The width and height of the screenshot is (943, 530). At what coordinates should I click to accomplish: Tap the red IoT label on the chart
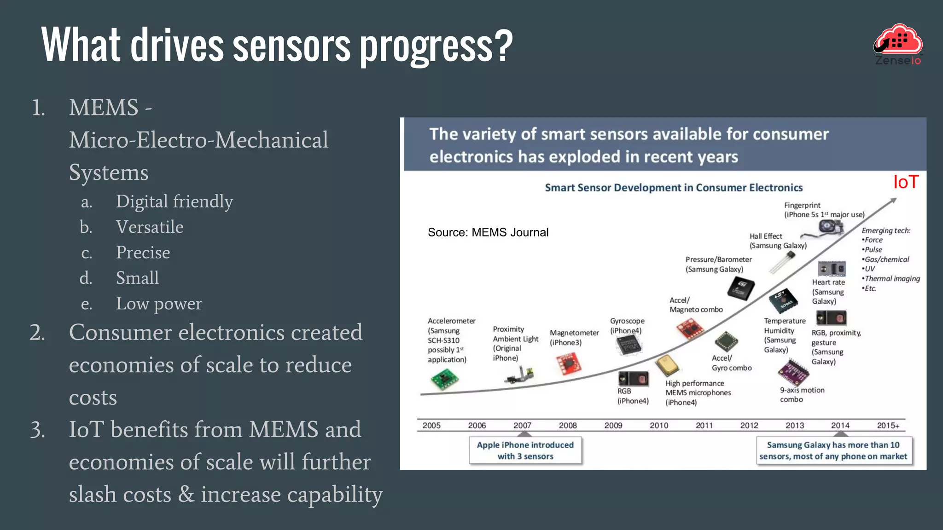[x=905, y=182]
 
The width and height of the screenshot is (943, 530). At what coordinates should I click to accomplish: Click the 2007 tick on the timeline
[x=522, y=426]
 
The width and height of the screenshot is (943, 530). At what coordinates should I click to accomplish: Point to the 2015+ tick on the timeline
[x=887, y=426]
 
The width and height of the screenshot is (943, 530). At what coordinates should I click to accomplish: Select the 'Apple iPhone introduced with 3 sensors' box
[x=525, y=450]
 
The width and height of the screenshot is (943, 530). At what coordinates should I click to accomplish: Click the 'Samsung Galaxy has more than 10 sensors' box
[x=833, y=450]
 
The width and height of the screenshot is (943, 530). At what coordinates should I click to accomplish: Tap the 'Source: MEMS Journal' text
[x=488, y=232]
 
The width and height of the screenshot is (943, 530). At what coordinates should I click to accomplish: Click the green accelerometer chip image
[x=444, y=380]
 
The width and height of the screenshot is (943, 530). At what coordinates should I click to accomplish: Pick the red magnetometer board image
[x=570, y=363]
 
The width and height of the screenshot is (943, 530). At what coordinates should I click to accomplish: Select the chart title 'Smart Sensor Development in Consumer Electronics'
[x=673, y=188]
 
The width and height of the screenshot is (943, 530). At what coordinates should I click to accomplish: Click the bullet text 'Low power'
[x=158, y=304]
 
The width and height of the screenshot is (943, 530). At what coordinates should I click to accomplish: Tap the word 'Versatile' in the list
[x=149, y=227]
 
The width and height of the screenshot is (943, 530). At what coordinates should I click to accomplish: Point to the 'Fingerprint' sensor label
[x=802, y=205]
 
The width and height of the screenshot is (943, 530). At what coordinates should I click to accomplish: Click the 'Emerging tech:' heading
[x=885, y=230]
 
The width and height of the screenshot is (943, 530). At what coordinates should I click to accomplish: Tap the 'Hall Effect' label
[x=766, y=236]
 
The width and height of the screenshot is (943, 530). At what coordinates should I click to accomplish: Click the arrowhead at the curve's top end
[x=893, y=201]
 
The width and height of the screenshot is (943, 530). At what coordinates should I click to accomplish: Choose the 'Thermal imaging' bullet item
[x=892, y=278]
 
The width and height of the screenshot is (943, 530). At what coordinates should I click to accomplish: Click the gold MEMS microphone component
[x=667, y=365]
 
